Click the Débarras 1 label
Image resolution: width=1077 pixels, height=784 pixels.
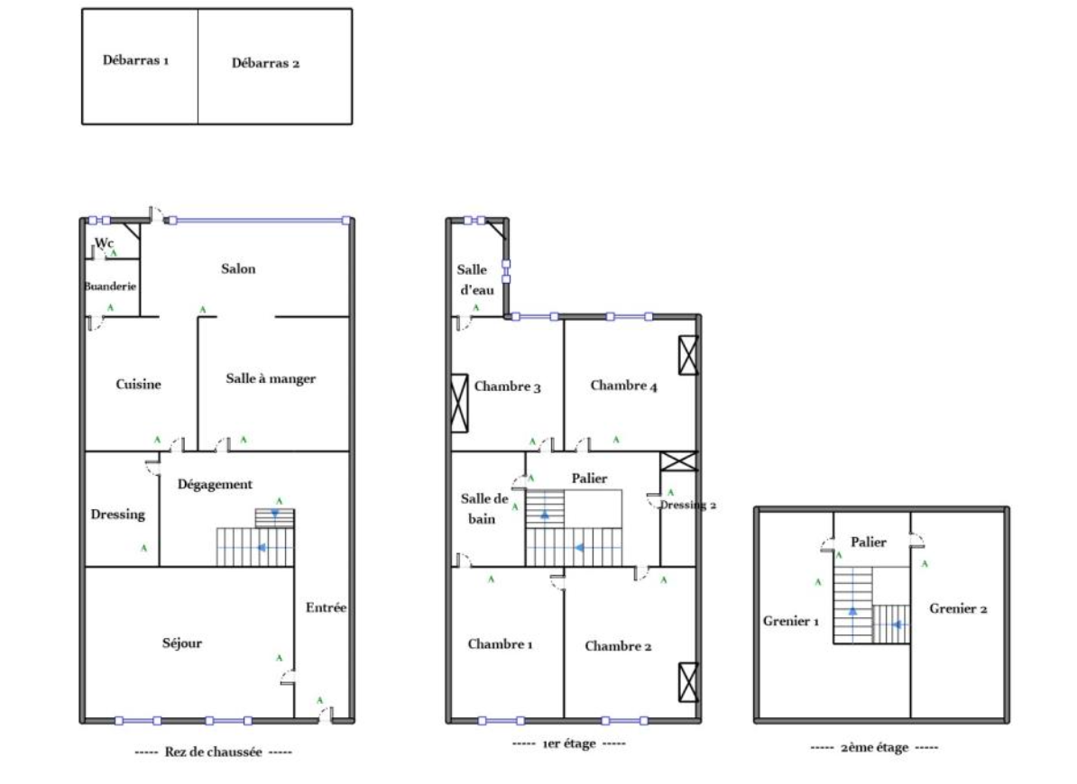pyautogui.click(x=135, y=60)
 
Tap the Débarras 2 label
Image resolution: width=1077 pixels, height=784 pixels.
pyautogui.click(x=265, y=63)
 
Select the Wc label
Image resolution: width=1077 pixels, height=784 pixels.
pyautogui.click(x=105, y=242)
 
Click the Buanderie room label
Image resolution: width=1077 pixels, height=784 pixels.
pyautogui.click(x=110, y=286)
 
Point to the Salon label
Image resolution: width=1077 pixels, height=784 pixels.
pyautogui.click(x=238, y=269)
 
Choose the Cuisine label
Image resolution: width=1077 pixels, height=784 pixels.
pyautogui.click(x=138, y=384)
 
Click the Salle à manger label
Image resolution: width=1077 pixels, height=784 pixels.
pyautogui.click(x=271, y=378)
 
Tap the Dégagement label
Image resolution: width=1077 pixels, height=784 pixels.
pyautogui.click(x=215, y=484)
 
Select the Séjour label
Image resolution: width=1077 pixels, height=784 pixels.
pyautogui.click(x=182, y=643)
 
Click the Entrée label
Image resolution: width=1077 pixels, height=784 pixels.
pyautogui.click(x=327, y=607)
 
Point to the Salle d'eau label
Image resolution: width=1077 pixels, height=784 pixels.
pyautogui.click(x=476, y=280)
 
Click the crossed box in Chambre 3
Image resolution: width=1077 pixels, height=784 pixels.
pyautogui.click(x=459, y=404)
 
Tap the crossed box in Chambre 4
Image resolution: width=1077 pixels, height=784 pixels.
pyautogui.click(x=688, y=355)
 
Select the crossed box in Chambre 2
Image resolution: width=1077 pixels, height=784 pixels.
pyautogui.click(x=688, y=682)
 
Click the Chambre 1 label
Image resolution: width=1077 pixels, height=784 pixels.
pyautogui.click(x=500, y=644)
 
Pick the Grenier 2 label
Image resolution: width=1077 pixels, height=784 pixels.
pyautogui.click(x=958, y=608)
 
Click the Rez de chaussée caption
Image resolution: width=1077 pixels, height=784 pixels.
pyautogui.click(x=214, y=752)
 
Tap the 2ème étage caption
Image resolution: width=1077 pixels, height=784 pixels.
pyautogui.click(x=874, y=748)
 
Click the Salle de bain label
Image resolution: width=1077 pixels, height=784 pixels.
pyautogui.click(x=484, y=509)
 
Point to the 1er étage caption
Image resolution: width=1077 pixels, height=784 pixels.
pyautogui.click(x=569, y=743)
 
